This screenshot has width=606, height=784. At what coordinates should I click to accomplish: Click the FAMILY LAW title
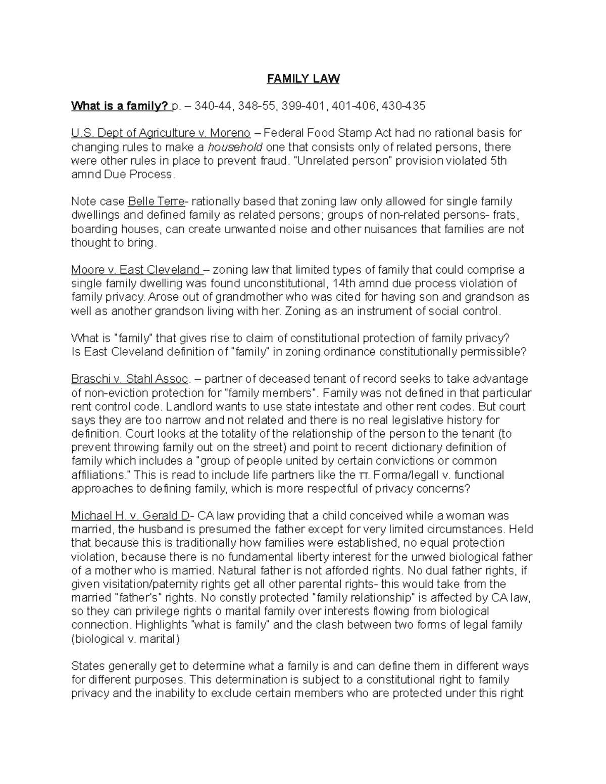pyautogui.click(x=303, y=79)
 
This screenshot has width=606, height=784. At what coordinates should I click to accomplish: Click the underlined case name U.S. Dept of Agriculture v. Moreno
pyautogui.click(x=161, y=133)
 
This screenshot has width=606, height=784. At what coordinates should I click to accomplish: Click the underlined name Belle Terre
pyautogui.click(x=157, y=202)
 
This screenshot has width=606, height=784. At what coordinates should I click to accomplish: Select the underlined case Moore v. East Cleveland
pyautogui.click(x=136, y=270)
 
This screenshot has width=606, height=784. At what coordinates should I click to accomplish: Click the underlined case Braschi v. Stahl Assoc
pyautogui.click(x=130, y=379)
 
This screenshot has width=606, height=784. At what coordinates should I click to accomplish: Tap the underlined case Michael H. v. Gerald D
pyautogui.click(x=130, y=516)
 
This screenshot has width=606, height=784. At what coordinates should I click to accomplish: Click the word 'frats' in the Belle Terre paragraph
pyautogui.click(x=504, y=216)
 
